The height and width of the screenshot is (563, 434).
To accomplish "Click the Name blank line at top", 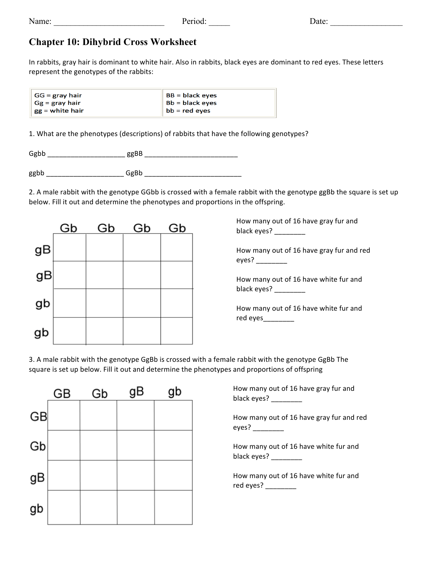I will coord(109,24).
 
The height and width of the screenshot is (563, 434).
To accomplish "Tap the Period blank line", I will coord(219,24).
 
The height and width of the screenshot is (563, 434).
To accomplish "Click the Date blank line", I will coord(366,24).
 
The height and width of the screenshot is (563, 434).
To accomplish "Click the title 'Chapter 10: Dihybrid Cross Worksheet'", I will coord(113,42).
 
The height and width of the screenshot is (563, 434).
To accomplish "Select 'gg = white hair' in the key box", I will coord(59,111).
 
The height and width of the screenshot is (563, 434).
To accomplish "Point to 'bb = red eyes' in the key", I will coord(188,111).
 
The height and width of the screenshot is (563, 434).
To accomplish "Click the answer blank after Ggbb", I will coord(86,155).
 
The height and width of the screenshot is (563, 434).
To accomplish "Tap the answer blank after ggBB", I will coord(191,155).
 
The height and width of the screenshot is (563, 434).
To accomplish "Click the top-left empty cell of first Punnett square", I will coord(69,248).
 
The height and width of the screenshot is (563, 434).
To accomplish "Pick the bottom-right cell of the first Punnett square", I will coord(176,331).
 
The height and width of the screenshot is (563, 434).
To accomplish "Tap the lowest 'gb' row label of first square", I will coord(42,332).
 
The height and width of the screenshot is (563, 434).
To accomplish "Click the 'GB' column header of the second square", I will coord(62,394).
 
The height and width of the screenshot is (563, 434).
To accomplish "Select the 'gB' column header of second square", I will coord(136,392).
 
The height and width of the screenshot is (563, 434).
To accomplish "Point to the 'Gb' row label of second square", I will coord(37,446).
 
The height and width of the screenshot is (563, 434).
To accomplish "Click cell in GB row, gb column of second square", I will coord(173,415).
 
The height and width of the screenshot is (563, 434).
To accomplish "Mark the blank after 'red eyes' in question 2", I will coord(278,320).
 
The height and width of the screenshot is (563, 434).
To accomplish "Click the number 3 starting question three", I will coord(31,359).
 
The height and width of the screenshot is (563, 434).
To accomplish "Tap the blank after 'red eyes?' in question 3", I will coord(280,487).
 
